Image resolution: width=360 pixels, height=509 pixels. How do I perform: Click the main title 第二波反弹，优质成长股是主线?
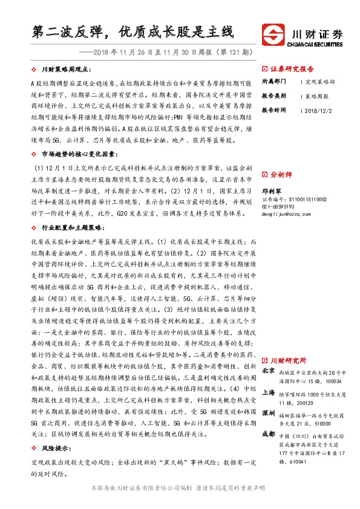tap(132, 31)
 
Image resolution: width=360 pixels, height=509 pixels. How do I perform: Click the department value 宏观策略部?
tap(319, 81)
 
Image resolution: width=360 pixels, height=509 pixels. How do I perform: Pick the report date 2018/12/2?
tap(317, 111)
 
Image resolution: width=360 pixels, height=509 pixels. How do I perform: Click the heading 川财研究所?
tap(288, 360)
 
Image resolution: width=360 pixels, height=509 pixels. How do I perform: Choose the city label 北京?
tap(269, 370)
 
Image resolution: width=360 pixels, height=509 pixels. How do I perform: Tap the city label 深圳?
tap(269, 413)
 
